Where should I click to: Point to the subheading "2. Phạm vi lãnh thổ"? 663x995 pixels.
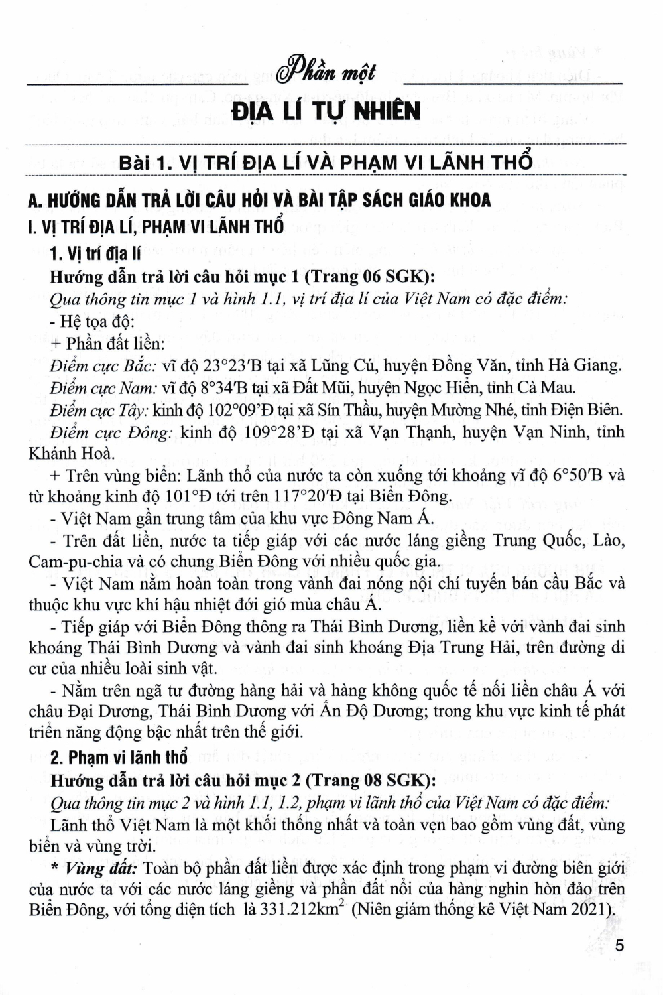pos(119,758)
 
